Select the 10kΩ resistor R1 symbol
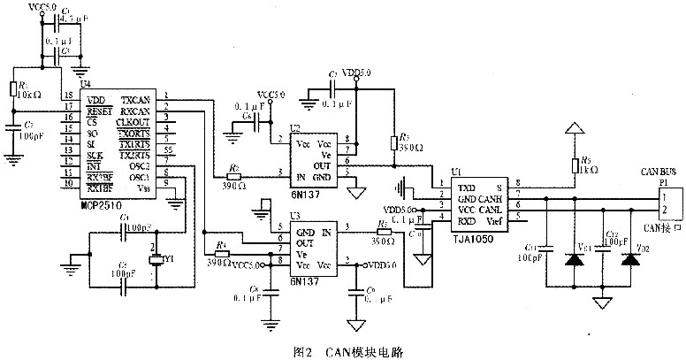coord(12,88)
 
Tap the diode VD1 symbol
coord(575,260)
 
